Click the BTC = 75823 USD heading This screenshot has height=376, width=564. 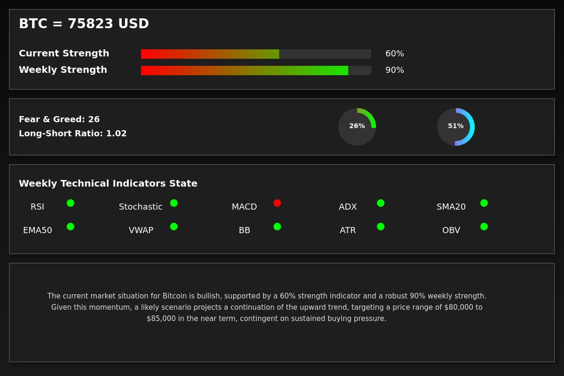coord(84,24)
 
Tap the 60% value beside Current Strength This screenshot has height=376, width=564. coord(394,54)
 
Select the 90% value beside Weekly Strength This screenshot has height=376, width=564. coord(394,70)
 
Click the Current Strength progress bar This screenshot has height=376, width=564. coord(256,54)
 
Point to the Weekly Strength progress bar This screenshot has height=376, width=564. coord(256,70)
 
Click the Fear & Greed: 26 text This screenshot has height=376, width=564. coord(59,119)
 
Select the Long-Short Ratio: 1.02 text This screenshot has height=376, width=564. coord(73,133)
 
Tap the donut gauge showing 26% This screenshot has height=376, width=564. coord(357,127)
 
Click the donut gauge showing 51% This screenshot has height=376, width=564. coord(456,127)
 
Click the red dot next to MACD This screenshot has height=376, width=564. coord(277,203)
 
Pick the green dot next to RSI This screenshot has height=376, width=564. coord(70,203)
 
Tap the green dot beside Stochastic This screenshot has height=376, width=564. coord(174,203)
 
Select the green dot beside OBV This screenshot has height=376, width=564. coord(484,227)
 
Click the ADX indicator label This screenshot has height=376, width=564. coord(348,207)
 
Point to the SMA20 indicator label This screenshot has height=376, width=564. coord(451,207)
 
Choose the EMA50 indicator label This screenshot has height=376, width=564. coord(38,230)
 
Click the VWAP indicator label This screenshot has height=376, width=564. coord(141,230)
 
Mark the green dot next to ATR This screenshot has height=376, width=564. coord(381,227)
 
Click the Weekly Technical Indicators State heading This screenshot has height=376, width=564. coord(108,184)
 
